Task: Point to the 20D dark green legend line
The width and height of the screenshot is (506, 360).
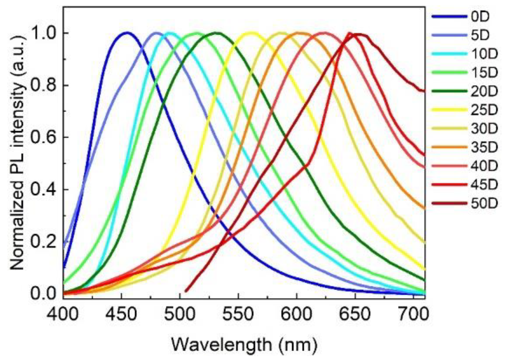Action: click(x=449, y=91)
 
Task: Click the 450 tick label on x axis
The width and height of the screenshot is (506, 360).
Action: click(x=121, y=313)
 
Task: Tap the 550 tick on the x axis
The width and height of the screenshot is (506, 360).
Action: click(x=238, y=313)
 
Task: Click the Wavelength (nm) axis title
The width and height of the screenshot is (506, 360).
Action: click(x=244, y=345)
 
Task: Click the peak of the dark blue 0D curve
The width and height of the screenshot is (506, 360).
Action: click(x=127, y=32)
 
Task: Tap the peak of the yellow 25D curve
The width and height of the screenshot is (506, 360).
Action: click(x=251, y=32)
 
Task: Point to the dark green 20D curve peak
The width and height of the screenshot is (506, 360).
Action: click(x=217, y=33)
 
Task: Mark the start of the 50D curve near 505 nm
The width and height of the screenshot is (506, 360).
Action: click(x=186, y=291)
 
